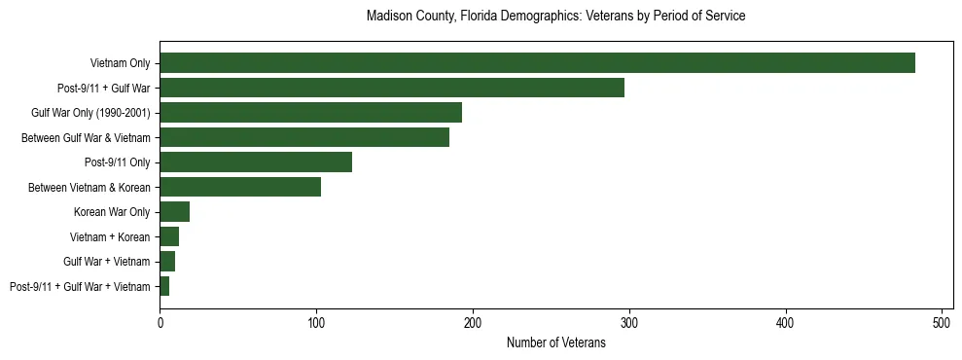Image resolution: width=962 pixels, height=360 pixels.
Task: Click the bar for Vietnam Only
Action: [x=537, y=63]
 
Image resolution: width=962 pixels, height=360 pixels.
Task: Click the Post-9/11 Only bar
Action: [x=256, y=162]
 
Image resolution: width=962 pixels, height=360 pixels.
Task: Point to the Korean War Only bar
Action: [x=175, y=212]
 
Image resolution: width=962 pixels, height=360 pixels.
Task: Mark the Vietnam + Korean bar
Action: [x=169, y=236]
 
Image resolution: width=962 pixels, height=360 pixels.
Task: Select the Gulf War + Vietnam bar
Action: [x=167, y=262]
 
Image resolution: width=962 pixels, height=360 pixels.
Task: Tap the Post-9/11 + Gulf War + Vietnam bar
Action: [x=164, y=286]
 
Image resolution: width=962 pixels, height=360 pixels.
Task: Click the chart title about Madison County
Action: [x=555, y=17]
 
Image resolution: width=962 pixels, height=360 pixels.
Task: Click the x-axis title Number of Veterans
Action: [x=555, y=342]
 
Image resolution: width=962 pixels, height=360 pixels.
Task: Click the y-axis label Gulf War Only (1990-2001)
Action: [x=90, y=113]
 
